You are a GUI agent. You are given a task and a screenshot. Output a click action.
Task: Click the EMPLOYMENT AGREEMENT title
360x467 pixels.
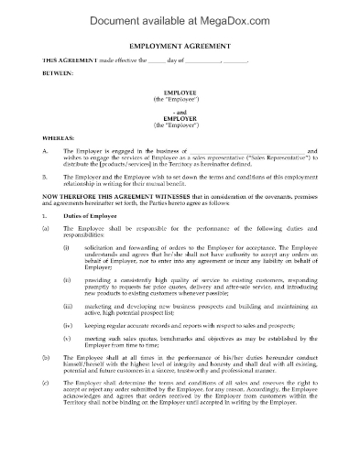pos(180,44)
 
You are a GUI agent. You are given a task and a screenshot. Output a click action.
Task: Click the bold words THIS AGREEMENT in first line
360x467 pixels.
pos(67,60)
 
